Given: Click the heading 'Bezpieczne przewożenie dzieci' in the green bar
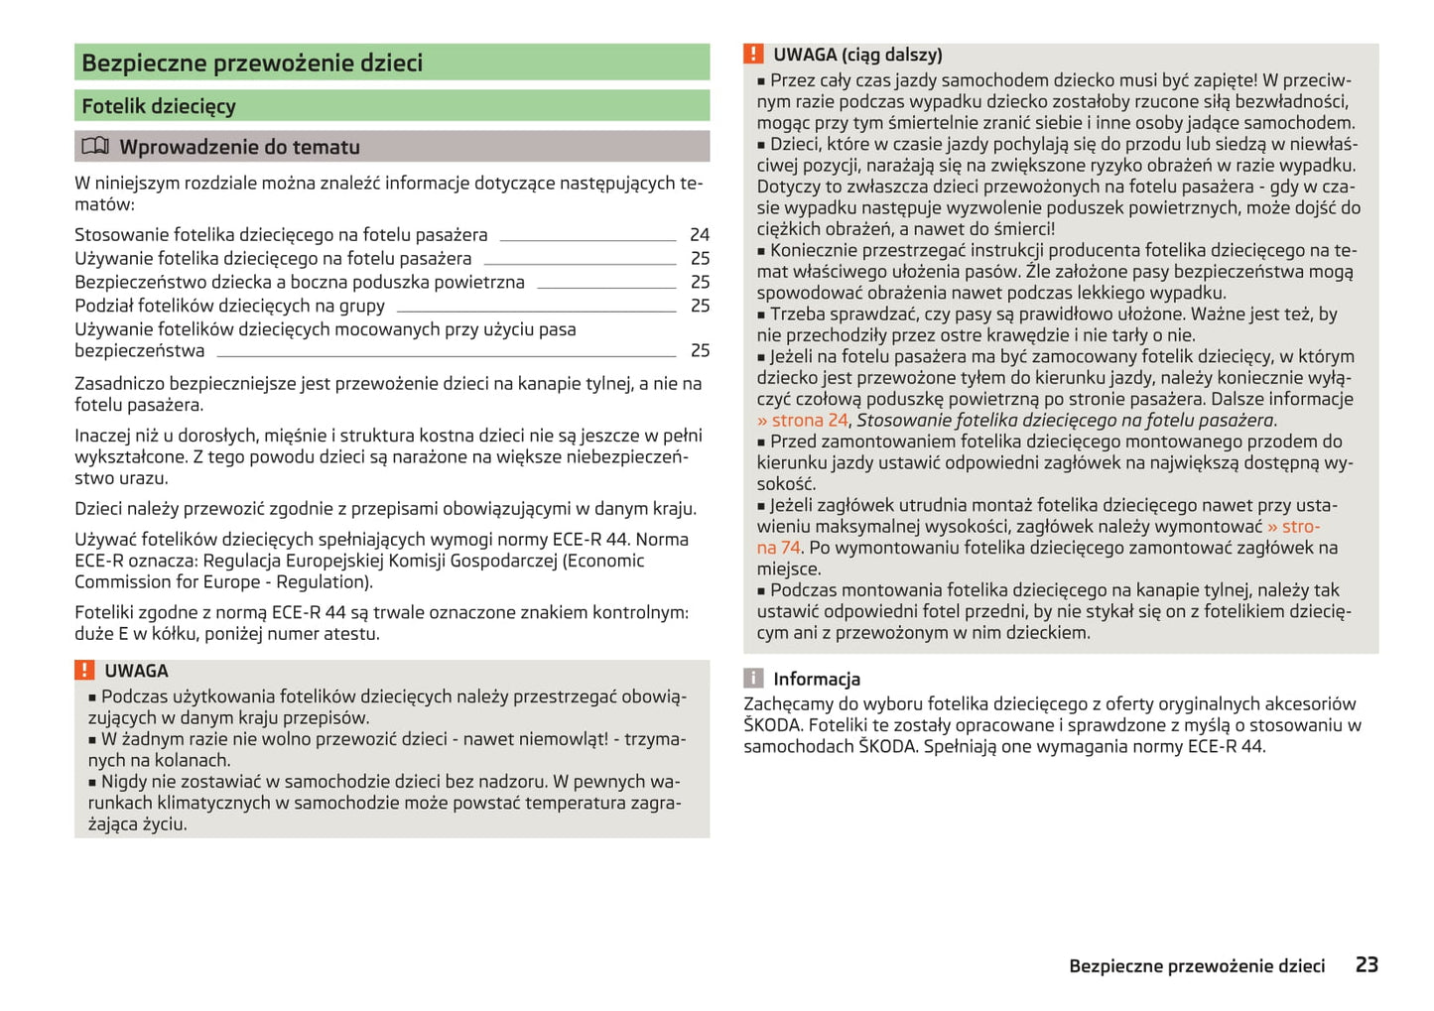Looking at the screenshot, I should pos(252,63).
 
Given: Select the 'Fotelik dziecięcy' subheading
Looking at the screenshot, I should pos(159,106).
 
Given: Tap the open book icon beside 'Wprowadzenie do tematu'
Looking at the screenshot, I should pos(95,147).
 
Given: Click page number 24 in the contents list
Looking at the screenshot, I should pos(700,235).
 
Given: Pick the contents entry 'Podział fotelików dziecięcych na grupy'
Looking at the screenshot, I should pos(229,306).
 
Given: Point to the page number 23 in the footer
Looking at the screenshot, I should pos(1367,964).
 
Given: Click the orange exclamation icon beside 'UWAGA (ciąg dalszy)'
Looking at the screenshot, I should pos(754,55).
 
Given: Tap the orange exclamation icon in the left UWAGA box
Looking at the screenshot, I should pos(85,671).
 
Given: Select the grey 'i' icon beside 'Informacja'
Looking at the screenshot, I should pos(754,679).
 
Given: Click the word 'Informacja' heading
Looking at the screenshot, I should pos(817,680).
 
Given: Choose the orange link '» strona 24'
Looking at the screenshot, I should pos(802,421).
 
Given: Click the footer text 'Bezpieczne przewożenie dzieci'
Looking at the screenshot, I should pos(1196,966).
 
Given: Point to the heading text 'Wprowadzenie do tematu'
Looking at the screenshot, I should pos(239,148).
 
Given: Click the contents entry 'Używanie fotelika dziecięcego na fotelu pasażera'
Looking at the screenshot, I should pos(273,259).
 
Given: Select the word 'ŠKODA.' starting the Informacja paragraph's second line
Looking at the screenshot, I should pos(773,725).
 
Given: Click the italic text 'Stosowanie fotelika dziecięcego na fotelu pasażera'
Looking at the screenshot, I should pos(1065,421).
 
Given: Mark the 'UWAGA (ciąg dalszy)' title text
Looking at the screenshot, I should pos(857,56).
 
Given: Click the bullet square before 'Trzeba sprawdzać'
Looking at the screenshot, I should pos(762,316).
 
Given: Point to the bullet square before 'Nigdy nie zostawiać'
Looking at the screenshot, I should pos(93,783).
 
